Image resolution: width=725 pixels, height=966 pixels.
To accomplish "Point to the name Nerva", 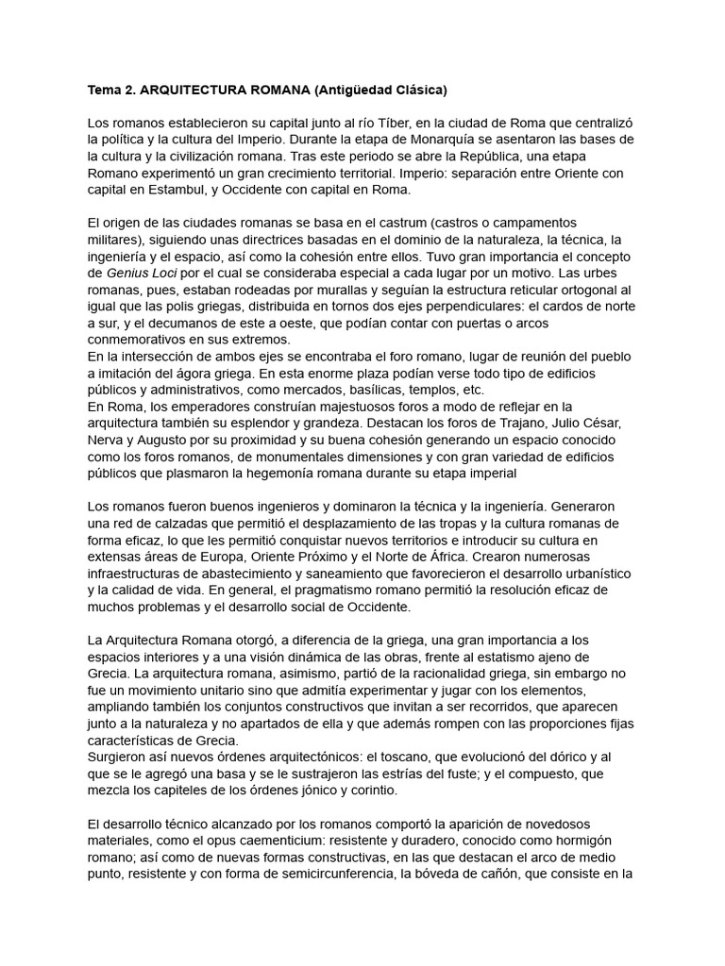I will (x=106, y=441).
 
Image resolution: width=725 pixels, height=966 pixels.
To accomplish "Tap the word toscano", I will (x=440, y=757).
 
